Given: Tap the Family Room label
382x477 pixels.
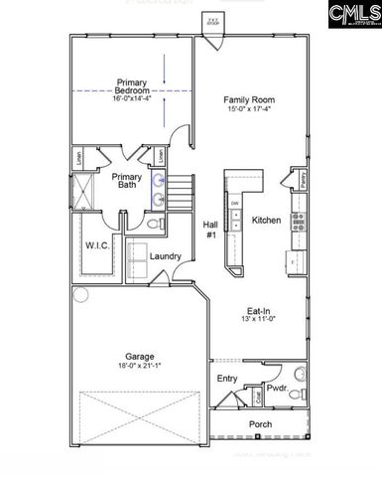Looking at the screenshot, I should (248, 100).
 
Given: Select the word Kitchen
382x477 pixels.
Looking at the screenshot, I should (266, 220).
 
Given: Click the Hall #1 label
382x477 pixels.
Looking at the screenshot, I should (210, 230).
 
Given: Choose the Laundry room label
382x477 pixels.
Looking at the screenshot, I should (165, 255).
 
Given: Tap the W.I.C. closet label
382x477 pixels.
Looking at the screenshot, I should (97, 244).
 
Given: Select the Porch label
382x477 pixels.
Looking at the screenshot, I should (260, 424).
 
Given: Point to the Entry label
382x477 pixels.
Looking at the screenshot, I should (227, 378).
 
